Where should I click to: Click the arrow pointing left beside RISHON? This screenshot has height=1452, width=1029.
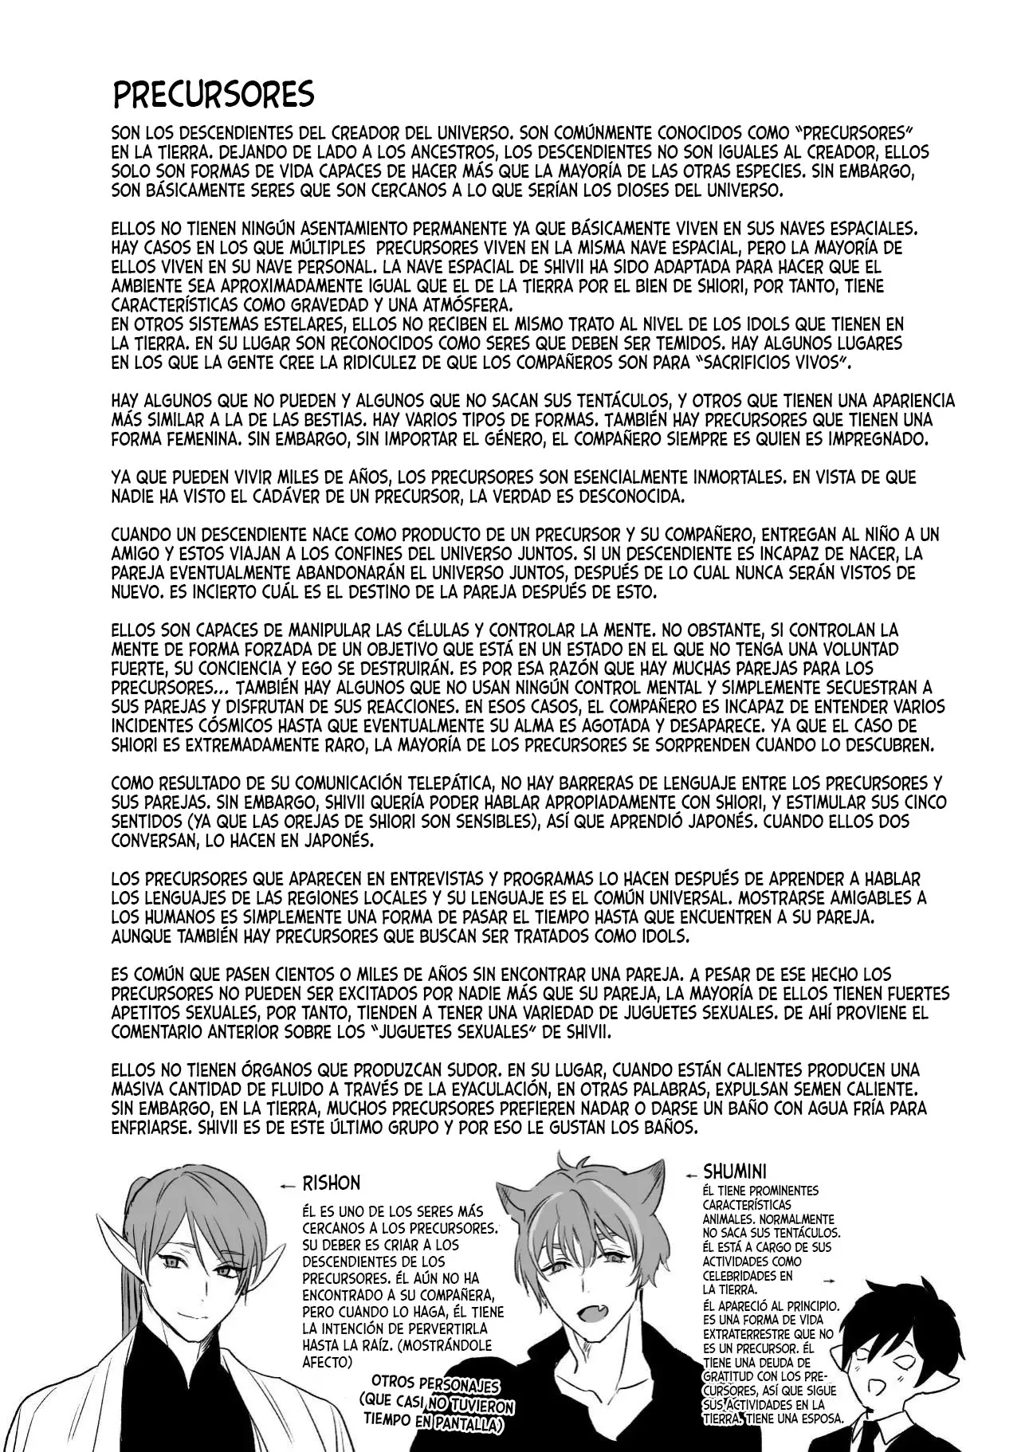coord(288,1185)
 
